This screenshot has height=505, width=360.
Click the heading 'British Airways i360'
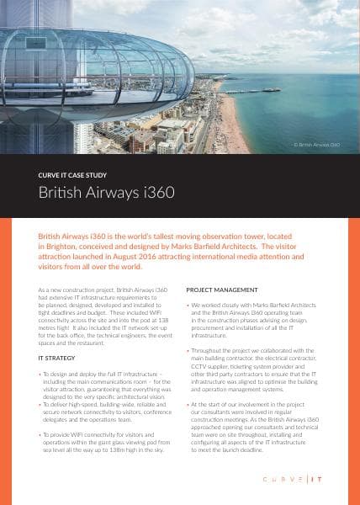point(107,192)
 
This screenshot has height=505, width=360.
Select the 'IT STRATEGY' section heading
point(56,358)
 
